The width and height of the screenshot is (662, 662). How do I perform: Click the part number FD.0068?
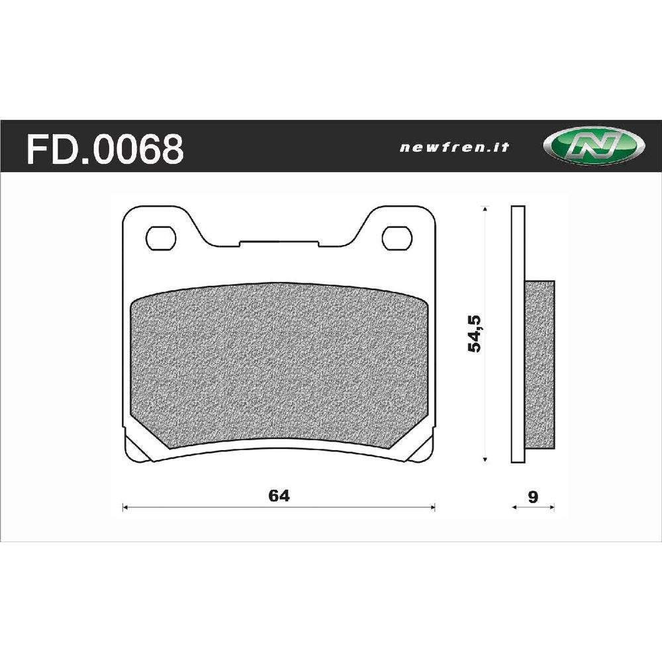(105, 148)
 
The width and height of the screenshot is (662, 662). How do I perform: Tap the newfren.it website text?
(454, 148)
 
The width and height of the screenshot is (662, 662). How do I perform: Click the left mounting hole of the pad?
(161, 237)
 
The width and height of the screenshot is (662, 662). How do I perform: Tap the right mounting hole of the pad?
(397, 237)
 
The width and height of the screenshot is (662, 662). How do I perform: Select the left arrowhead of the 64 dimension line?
(125, 508)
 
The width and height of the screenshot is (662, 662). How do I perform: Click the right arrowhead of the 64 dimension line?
(434, 508)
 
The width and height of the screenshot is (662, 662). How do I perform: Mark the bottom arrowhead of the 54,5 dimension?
(487, 459)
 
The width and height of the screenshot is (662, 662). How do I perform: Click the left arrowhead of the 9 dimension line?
(515, 508)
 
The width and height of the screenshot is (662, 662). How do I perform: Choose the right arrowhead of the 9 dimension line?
(552, 508)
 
